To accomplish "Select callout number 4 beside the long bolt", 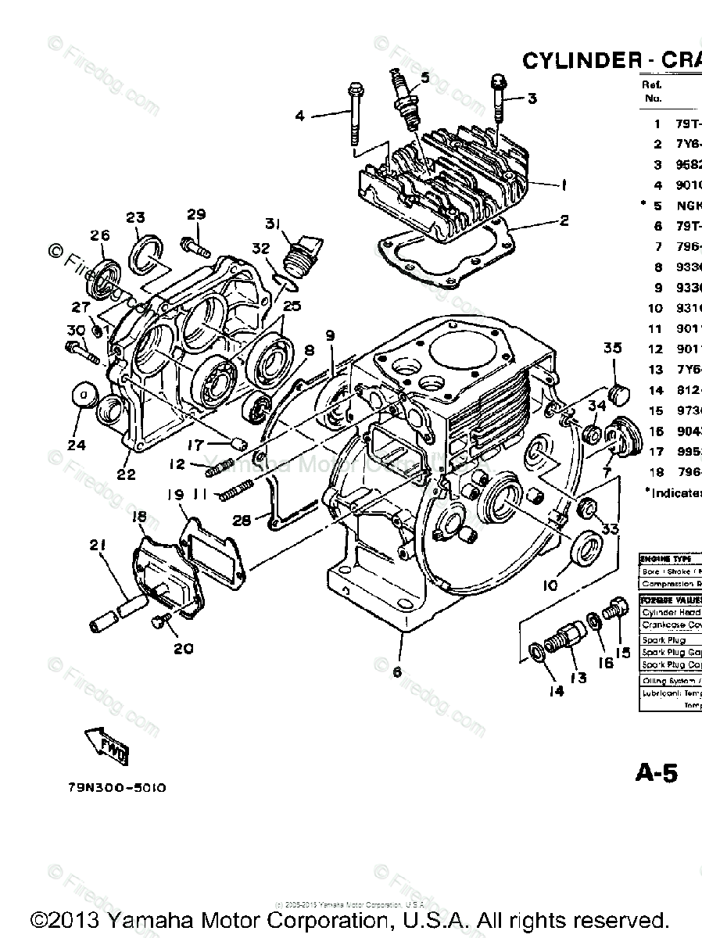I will click(299, 116).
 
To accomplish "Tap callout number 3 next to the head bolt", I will click(532, 98).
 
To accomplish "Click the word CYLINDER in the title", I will click(575, 61).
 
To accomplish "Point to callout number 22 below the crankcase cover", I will click(126, 474).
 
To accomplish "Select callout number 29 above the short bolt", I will click(196, 214).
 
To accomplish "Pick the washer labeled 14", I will click(537, 651).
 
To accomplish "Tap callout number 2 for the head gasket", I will click(564, 220).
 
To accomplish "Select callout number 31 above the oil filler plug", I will click(272, 224).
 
